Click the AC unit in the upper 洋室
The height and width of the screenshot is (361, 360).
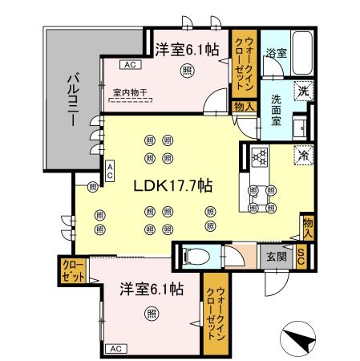128,64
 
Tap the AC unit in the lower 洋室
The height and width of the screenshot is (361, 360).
116,348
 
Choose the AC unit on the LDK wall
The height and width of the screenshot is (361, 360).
110,169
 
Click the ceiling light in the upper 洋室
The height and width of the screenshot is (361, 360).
187,71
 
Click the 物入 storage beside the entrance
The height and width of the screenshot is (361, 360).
307,227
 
